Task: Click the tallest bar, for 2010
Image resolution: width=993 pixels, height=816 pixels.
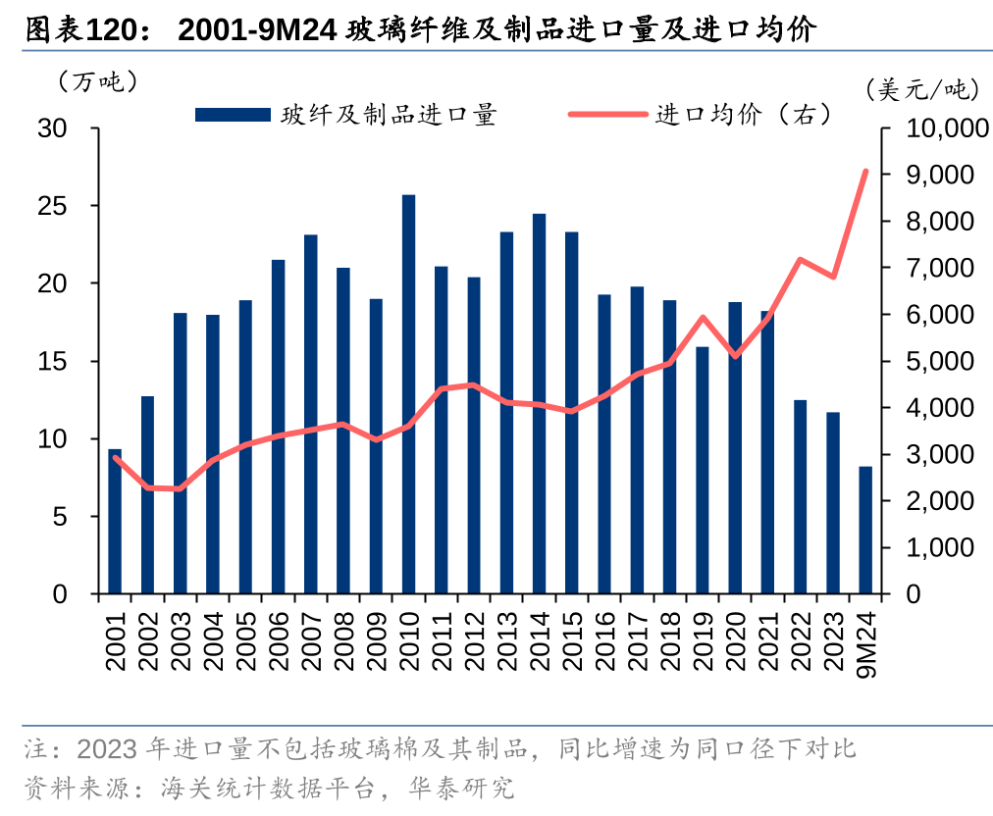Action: click(408, 394)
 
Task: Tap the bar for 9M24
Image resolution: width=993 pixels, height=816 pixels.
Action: click(865, 530)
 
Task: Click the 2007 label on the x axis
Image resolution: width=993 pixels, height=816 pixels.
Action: click(311, 639)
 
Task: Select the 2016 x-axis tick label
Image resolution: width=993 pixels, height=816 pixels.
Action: click(604, 639)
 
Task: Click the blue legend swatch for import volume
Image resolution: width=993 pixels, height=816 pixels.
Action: click(233, 116)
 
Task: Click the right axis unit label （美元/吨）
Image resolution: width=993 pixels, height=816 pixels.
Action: click(923, 90)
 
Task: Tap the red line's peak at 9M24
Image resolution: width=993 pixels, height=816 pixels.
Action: click(865, 172)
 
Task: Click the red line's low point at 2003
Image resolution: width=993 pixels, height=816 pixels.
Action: click(180, 488)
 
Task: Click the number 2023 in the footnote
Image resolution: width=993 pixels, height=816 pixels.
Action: click(105, 750)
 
